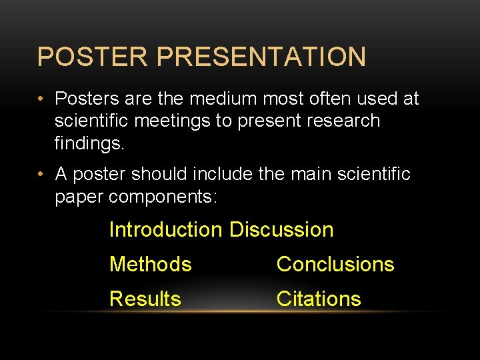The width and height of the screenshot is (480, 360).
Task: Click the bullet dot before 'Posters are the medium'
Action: point(41,99)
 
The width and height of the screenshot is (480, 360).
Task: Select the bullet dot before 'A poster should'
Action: point(41,175)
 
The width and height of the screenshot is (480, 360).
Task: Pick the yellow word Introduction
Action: point(165,230)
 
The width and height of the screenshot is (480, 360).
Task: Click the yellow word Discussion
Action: point(281,230)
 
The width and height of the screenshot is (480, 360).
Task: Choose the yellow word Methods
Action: point(151,265)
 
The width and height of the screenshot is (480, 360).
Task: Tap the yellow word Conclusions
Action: point(335,265)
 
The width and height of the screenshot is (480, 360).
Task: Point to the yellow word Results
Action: point(145,299)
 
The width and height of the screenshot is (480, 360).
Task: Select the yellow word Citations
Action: point(319,299)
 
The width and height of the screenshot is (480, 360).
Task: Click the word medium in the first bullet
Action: point(223,99)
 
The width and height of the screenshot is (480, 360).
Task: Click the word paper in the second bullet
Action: point(79,197)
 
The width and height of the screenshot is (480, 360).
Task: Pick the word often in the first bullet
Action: point(331,99)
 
